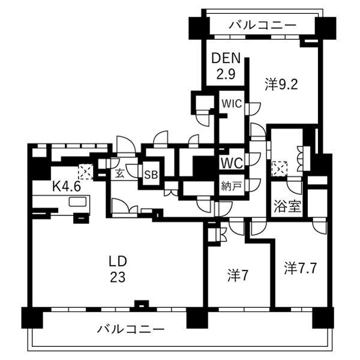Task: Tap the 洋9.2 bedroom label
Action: [281, 84]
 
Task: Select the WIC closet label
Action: [232, 104]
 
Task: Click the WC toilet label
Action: [232, 163]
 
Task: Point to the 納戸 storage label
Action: [232, 186]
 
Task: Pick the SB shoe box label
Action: [151, 175]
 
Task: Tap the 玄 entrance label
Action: [119, 173]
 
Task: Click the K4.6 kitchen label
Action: [67, 186]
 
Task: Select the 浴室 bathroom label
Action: [287, 206]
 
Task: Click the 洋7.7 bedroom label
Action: [301, 268]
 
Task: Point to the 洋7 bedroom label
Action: [238, 275]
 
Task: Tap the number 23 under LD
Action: [118, 277]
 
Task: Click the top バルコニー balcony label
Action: [263, 25]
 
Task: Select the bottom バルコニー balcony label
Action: [131, 329]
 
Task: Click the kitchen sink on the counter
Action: [78, 202]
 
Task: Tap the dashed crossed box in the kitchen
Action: [86, 172]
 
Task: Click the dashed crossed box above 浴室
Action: [280, 169]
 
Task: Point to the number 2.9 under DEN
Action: [226, 74]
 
